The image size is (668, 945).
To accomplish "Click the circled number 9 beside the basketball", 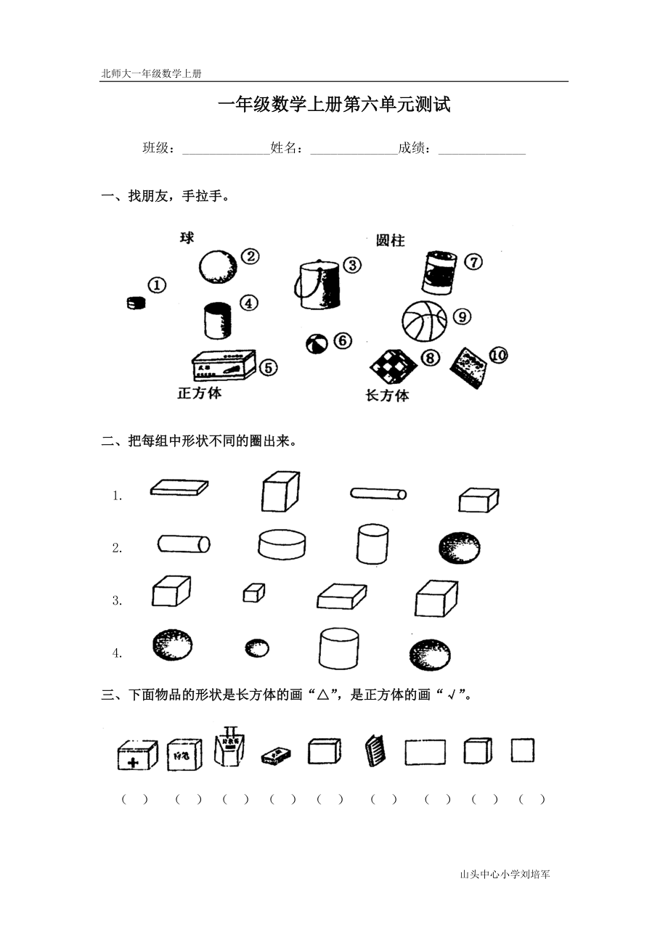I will [x=462, y=317].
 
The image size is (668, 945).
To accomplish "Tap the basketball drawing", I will [x=424, y=320].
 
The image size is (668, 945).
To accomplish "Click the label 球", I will [x=187, y=238].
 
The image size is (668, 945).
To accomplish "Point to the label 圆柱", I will [x=390, y=241].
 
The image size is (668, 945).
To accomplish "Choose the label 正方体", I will [x=200, y=394].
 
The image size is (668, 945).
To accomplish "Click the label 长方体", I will [x=387, y=396].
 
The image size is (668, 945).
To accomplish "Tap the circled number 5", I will [x=268, y=368].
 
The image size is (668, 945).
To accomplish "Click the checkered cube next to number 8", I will [x=393, y=365].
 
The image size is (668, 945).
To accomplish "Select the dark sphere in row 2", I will [x=460, y=547].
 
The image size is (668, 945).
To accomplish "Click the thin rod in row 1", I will [x=378, y=494].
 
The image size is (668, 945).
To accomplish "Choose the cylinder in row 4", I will [x=338, y=648].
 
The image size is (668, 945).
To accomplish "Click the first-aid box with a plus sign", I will [x=137, y=755].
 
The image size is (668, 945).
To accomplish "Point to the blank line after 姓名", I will [x=354, y=150].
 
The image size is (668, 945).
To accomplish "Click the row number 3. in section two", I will [x=117, y=601].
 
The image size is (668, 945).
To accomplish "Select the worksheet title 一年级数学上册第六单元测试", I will [x=334, y=105].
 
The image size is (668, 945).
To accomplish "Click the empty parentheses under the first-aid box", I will [x=135, y=800].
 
